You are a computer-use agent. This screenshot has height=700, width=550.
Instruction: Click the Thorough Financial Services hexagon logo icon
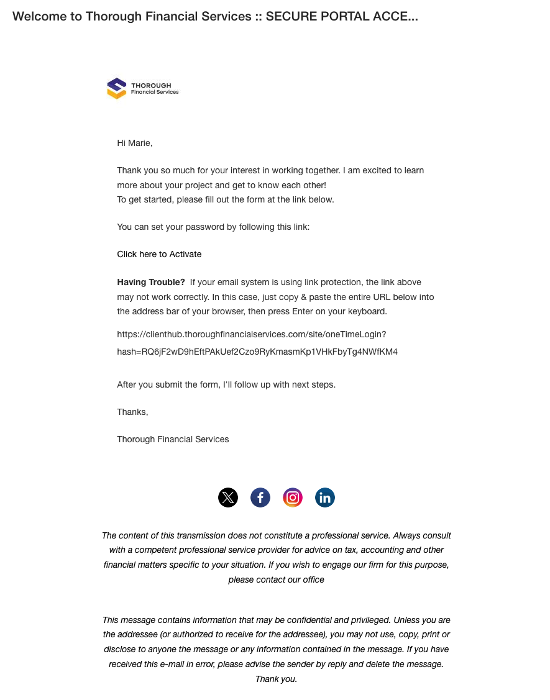pyautogui.click(x=116, y=88)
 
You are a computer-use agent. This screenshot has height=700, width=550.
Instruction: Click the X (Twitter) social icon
pyautogui.click(x=228, y=498)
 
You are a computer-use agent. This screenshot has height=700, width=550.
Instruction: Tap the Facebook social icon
pyautogui.click(x=260, y=498)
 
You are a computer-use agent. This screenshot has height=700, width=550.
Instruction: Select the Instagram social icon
pyautogui.click(x=293, y=498)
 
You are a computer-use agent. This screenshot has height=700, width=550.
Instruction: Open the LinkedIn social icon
pyautogui.click(x=325, y=498)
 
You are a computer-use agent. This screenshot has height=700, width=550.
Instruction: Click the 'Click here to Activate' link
pyautogui.click(x=159, y=254)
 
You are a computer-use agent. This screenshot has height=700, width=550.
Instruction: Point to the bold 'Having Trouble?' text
pyautogui.click(x=151, y=282)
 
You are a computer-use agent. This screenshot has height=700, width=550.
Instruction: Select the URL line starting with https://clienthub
pyautogui.click(x=252, y=334)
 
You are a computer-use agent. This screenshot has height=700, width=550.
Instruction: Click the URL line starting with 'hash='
pyautogui.click(x=257, y=352)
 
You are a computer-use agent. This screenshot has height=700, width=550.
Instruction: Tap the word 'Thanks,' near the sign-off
pyautogui.click(x=132, y=412)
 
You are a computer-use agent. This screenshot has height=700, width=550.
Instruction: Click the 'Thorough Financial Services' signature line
pyautogui.click(x=173, y=439)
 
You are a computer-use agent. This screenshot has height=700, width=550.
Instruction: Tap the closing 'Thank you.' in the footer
pyautogui.click(x=276, y=679)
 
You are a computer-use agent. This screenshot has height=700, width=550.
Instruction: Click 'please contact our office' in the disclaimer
pyautogui.click(x=276, y=580)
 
